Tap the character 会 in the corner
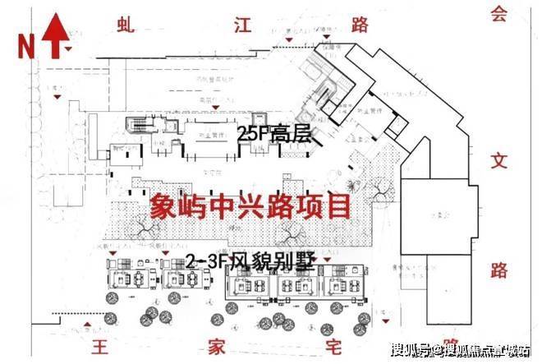click(495, 14)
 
